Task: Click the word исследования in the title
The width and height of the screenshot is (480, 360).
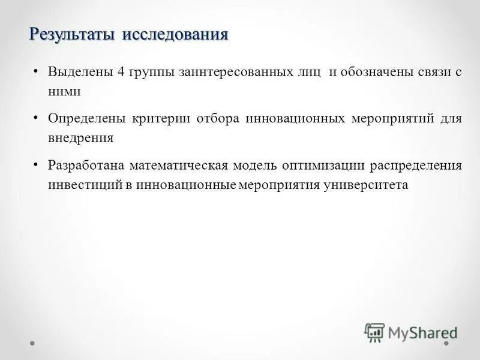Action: [x=176, y=35]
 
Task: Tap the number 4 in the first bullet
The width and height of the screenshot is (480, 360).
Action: [x=121, y=73]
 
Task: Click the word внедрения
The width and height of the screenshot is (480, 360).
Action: [x=81, y=137]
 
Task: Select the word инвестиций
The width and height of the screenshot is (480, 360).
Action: [x=85, y=185]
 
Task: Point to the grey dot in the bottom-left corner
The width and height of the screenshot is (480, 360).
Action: [x=33, y=344]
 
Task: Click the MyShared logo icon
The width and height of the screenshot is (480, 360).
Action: [x=374, y=332]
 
